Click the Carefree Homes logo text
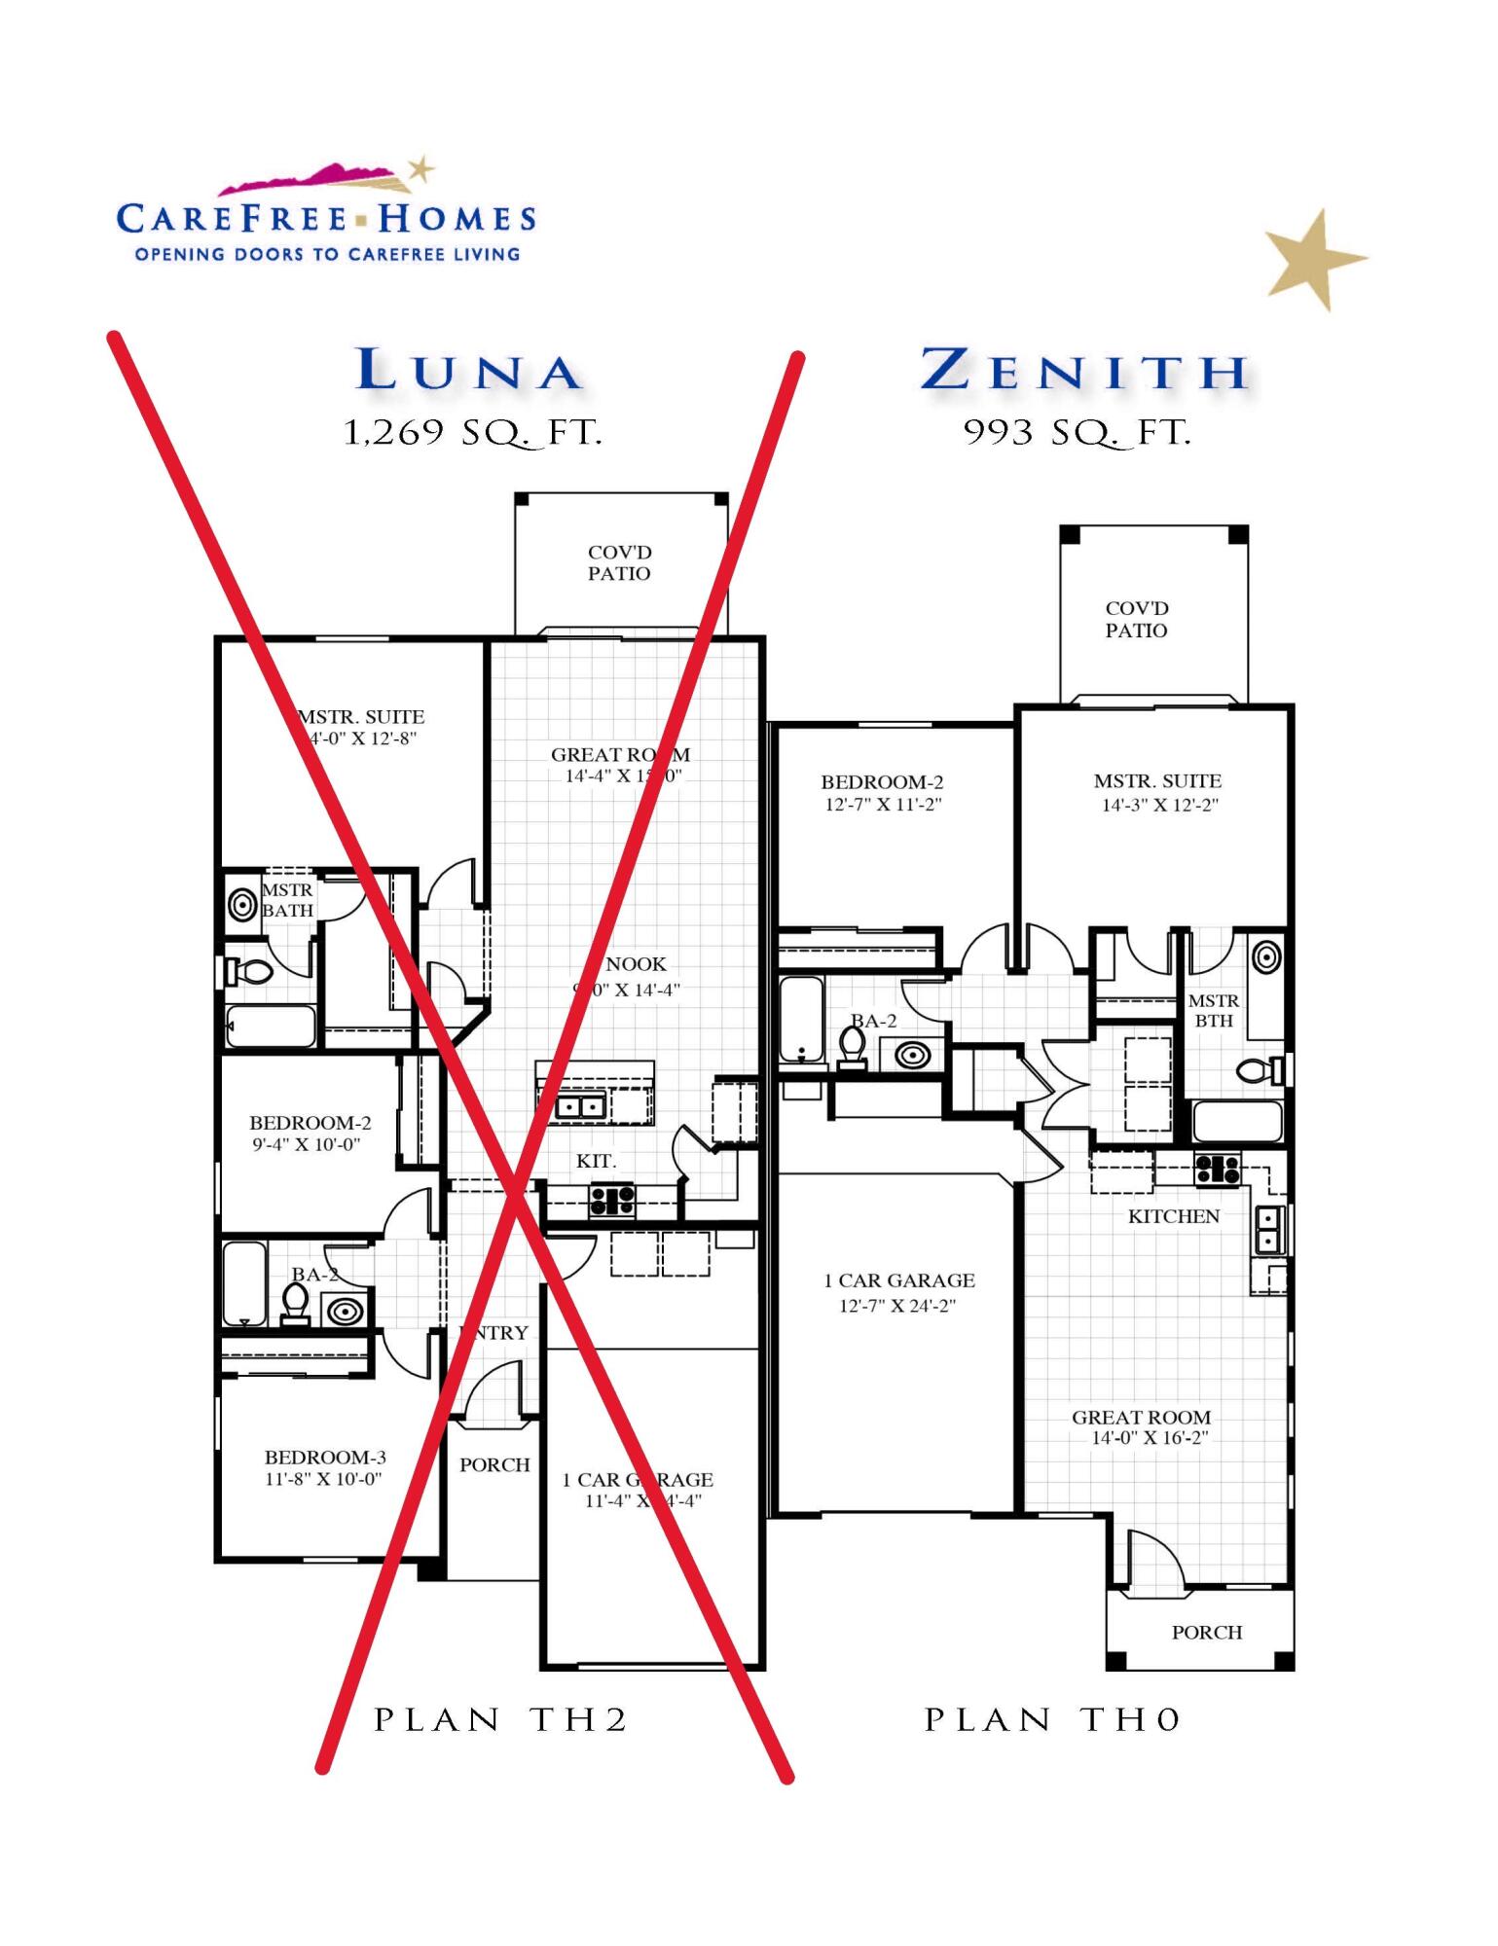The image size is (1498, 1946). click(x=326, y=219)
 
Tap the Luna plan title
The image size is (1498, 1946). click(x=469, y=372)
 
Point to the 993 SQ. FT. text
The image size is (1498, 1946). click(x=1077, y=432)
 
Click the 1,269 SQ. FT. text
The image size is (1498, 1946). click(x=473, y=432)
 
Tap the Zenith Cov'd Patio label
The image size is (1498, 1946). click(x=1136, y=620)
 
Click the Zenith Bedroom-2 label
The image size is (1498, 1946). click(x=882, y=782)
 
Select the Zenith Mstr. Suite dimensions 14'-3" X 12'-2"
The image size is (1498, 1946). click(x=1159, y=806)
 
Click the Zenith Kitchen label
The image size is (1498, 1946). click(x=1173, y=1216)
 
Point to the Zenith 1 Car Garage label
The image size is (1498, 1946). click(x=898, y=1280)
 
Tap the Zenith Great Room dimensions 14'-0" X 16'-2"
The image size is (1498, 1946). click(x=1150, y=1438)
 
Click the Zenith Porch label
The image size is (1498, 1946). click(x=1206, y=1633)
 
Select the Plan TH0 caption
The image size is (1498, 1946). click(x=1052, y=1720)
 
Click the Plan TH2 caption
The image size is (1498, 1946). click(x=501, y=1720)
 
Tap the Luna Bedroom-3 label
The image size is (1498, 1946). click(x=325, y=1458)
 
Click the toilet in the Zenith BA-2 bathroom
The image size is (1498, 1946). click(x=853, y=1046)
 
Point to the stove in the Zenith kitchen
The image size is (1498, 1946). click(x=1217, y=1169)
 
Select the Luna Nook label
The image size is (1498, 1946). click(x=636, y=964)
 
